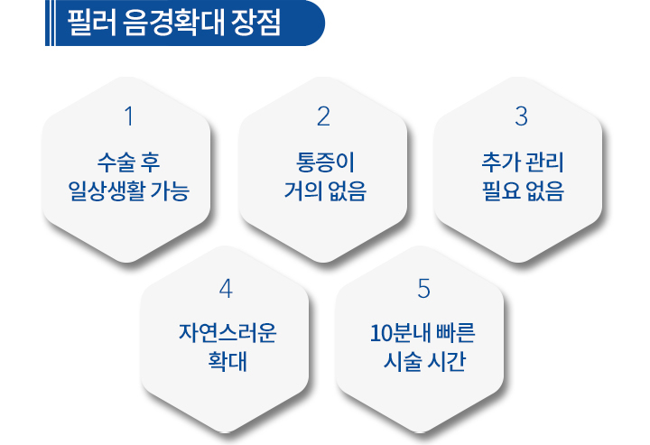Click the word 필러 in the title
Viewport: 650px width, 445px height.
[x=92, y=23]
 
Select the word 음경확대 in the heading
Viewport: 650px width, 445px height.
[x=173, y=23]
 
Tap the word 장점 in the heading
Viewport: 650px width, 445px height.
[x=255, y=23]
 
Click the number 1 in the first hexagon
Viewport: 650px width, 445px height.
[x=129, y=116]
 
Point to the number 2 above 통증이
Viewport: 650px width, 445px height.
[x=324, y=116]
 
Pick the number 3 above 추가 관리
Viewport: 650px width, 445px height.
[x=521, y=116]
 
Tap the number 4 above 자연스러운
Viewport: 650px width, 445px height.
[x=226, y=288]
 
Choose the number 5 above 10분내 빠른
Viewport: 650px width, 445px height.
[x=423, y=288]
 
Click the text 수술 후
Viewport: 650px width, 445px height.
[x=128, y=162]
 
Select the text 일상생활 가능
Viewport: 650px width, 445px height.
[x=128, y=191]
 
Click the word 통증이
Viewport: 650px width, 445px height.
[x=325, y=162]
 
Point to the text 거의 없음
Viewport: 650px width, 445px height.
[x=325, y=191]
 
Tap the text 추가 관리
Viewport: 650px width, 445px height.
[x=523, y=162]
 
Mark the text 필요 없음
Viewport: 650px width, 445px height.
[x=523, y=191]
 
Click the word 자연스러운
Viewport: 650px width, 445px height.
[x=227, y=333]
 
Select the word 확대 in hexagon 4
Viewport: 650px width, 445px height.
[x=227, y=362]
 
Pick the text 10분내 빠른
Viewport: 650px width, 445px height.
[x=422, y=333]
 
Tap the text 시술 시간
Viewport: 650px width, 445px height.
[x=424, y=362]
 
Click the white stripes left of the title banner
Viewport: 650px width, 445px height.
[x=51, y=23]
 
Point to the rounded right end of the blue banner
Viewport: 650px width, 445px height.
[x=315, y=23]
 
